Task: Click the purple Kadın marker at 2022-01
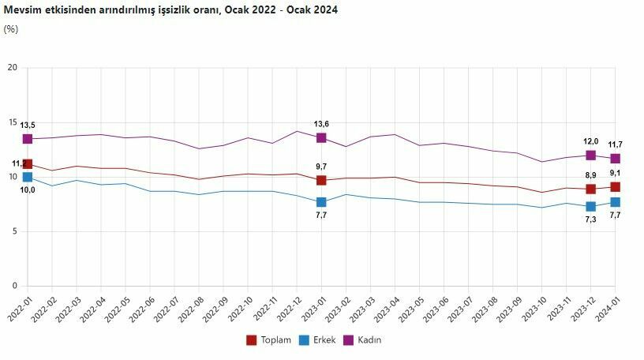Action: (x=28, y=139)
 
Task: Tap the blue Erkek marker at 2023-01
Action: (x=321, y=202)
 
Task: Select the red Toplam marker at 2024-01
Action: (x=615, y=187)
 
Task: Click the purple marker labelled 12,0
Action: (x=591, y=156)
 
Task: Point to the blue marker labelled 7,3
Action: (x=591, y=207)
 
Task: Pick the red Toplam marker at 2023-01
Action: (x=321, y=181)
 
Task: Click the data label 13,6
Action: (x=321, y=124)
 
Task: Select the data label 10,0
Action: (x=28, y=190)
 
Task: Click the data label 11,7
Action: (x=616, y=144)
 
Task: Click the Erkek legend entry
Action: (x=316, y=340)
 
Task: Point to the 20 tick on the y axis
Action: (x=12, y=68)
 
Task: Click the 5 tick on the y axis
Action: (x=14, y=231)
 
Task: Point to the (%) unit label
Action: (x=11, y=29)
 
